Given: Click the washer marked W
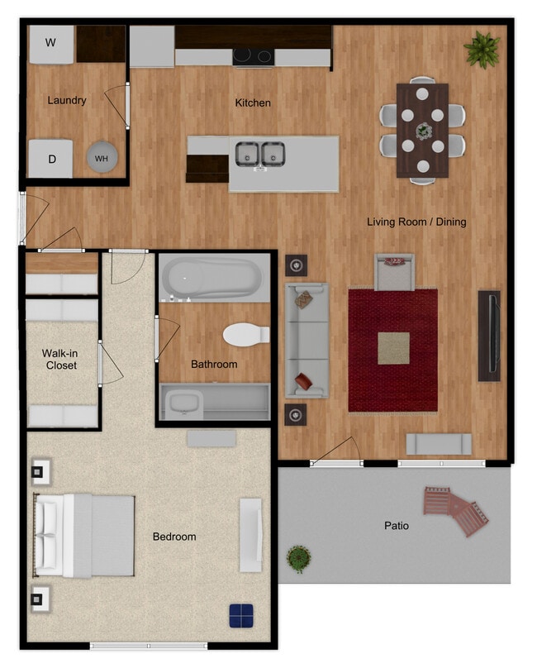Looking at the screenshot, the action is point(51,45).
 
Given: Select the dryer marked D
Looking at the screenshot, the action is point(50,158).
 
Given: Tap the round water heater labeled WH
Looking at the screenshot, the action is point(102,157).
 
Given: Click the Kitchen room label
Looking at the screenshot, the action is point(253,103).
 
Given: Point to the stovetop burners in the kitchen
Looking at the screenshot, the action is point(253,56).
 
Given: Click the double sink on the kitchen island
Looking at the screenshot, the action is point(260,155).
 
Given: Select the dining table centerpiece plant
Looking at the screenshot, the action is point(423,131).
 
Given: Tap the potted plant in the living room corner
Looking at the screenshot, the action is point(482,49).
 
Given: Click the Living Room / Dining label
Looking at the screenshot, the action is point(416,222).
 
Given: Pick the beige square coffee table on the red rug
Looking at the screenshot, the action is point(393,349).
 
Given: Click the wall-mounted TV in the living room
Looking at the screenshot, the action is point(489,336).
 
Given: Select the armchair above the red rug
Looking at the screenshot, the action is point(394,272).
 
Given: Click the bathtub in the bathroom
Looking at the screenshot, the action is point(214,278).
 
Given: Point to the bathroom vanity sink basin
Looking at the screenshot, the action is point(183,403).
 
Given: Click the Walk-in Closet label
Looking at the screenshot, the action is point(60,359).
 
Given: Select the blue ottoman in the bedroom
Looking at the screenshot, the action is point(241,616).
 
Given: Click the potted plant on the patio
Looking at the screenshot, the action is point(298,559).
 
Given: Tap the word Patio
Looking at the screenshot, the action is point(397,526).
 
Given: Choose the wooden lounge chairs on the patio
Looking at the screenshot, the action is point(456,509).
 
